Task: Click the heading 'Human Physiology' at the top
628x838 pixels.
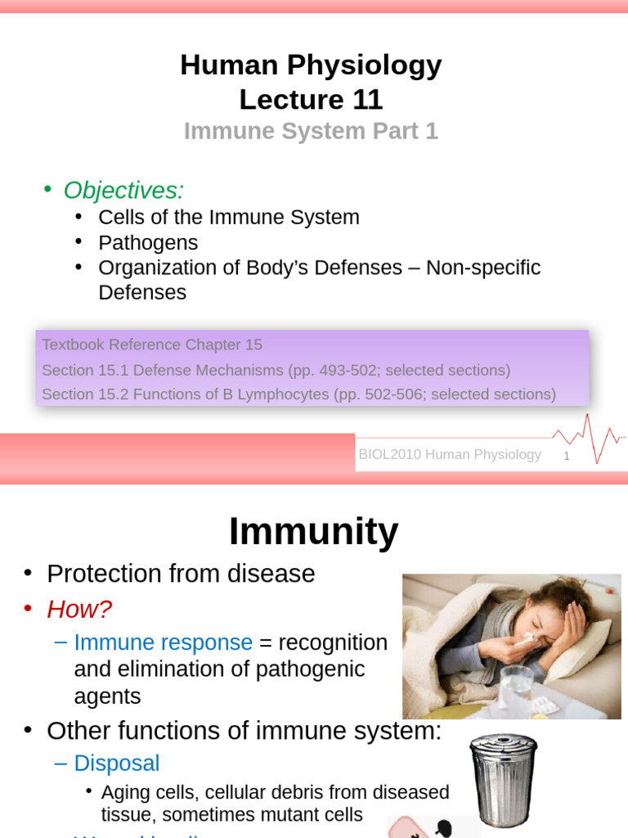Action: coord(311,65)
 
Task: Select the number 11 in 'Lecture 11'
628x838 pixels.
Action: coord(367,100)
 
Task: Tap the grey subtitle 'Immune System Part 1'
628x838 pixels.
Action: coord(311,131)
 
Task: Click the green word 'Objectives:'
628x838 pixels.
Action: coord(124,190)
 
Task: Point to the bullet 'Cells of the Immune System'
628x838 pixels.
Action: coord(228,218)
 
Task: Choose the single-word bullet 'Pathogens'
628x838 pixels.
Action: coord(148,243)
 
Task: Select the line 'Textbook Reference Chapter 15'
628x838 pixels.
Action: coord(152,345)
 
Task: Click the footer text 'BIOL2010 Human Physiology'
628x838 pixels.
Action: coord(450,455)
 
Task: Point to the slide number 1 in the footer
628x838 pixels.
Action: coord(566,456)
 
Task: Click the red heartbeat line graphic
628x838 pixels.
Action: coord(590,438)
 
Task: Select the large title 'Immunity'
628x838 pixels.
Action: coord(313,532)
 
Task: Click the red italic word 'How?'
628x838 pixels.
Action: coord(79,609)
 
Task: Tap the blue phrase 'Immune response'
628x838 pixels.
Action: coord(164,642)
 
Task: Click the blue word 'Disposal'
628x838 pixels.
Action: coord(117,764)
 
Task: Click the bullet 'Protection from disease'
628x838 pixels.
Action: coord(181,574)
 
